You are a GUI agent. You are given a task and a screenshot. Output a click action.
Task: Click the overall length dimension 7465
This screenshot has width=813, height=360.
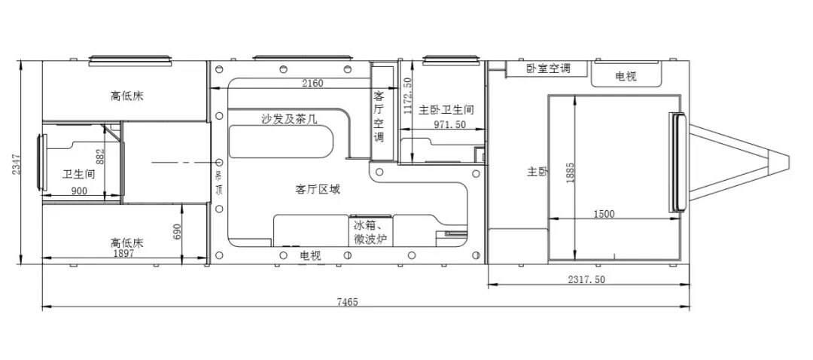[347, 302]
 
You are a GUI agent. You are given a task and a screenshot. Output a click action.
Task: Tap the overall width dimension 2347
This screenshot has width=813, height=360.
[14, 161]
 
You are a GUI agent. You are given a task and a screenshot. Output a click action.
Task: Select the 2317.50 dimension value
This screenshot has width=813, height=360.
[586, 279]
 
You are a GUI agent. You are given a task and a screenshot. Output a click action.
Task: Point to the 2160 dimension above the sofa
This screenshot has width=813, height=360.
[312, 83]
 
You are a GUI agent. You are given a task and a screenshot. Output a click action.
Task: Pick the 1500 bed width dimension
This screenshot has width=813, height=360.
[603, 214]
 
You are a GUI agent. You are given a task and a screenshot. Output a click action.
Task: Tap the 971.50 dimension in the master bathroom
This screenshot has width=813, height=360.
[449, 124]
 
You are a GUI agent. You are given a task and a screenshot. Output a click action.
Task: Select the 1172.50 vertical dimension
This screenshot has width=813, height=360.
[407, 96]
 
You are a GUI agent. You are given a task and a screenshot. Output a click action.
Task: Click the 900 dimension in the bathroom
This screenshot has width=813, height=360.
[78, 191]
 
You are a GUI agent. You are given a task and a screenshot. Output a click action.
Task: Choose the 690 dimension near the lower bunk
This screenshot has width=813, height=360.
[178, 232]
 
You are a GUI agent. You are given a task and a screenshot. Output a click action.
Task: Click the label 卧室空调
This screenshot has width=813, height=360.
[547, 69]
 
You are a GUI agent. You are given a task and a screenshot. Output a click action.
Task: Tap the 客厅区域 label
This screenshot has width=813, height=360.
[318, 189]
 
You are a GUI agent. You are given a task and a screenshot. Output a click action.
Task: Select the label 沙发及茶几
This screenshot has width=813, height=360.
[289, 118]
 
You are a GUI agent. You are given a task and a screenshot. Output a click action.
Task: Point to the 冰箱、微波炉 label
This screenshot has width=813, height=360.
[370, 232]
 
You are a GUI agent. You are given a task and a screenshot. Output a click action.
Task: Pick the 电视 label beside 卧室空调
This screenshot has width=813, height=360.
[626, 76]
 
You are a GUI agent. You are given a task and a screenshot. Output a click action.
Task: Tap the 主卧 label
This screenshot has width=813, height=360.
[537, 172]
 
